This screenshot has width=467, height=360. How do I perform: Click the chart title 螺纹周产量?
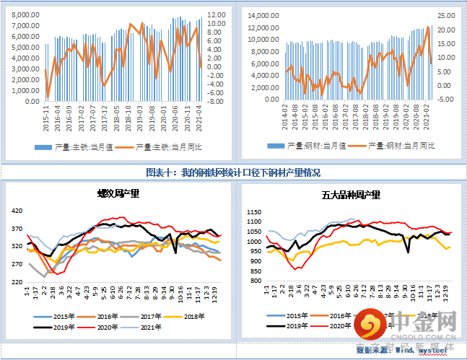118,193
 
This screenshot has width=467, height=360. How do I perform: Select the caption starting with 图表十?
232,172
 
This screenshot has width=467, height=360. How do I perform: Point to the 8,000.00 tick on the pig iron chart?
25,14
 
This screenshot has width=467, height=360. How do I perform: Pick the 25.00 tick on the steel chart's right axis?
446,15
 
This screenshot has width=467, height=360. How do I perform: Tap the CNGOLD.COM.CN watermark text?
425,335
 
